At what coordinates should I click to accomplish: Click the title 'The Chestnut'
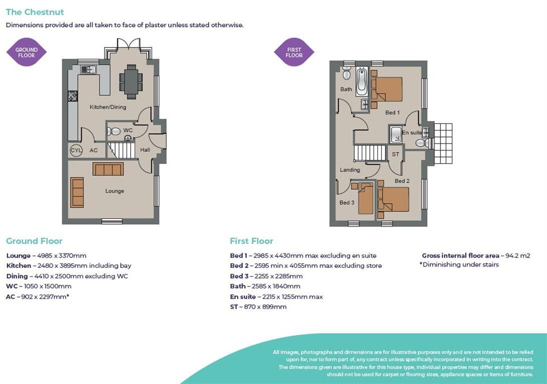click(x=35, y=12)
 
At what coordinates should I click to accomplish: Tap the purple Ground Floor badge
click(x=27, y=52)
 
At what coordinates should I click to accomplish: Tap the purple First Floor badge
click(x=294, y=52)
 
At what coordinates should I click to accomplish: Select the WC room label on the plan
click(x=128, y=130)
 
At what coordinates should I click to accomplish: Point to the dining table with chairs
click(x=131, y=82)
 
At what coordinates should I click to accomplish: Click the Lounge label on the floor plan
click(x=115, y=191)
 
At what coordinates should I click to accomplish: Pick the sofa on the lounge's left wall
click(x=77, y=192)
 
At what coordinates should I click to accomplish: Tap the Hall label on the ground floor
click(x=145, y=149)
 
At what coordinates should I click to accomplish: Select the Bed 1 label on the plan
click(x=392, y=113)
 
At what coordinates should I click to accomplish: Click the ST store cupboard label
click(x=395, y=154)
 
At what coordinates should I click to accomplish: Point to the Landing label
click(x=350, y=170)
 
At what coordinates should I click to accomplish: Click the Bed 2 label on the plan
click(x=402, y=181)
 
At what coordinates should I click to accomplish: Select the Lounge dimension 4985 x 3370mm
click(x=47, y=255)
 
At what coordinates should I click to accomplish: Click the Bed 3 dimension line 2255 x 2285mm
click(x=266, y=276)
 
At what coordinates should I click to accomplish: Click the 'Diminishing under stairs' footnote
click(x=459, y=264)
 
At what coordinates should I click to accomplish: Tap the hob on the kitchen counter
click(x=73, y=96)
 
